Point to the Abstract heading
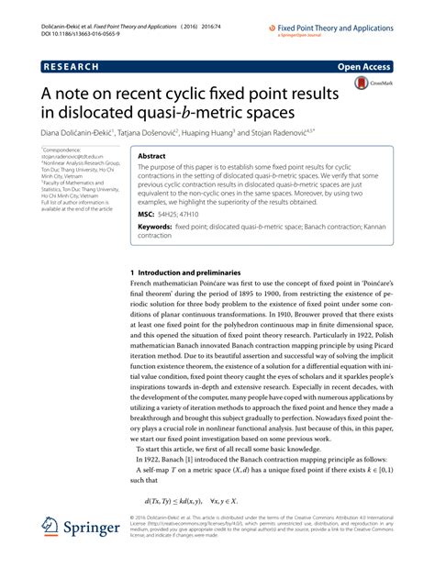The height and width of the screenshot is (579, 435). tap(152, 157)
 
